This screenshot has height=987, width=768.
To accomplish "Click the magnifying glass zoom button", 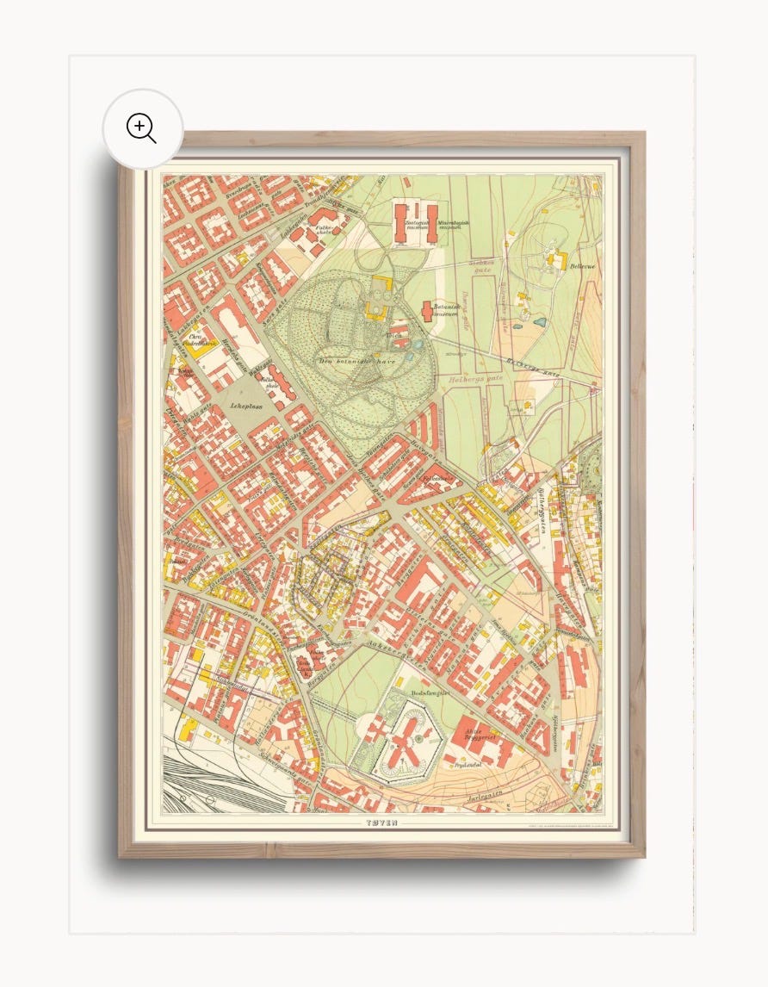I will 142,128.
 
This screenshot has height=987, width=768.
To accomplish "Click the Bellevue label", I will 582,266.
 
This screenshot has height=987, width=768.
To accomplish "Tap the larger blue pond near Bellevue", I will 539,322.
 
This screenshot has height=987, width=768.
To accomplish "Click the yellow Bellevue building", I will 556,258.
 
